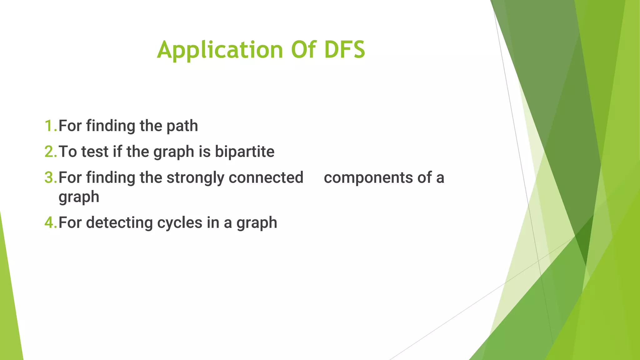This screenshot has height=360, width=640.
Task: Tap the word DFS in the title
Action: [344, 50]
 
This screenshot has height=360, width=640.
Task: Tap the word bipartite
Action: [244, 152]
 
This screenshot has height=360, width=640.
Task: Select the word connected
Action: [266, 177]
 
